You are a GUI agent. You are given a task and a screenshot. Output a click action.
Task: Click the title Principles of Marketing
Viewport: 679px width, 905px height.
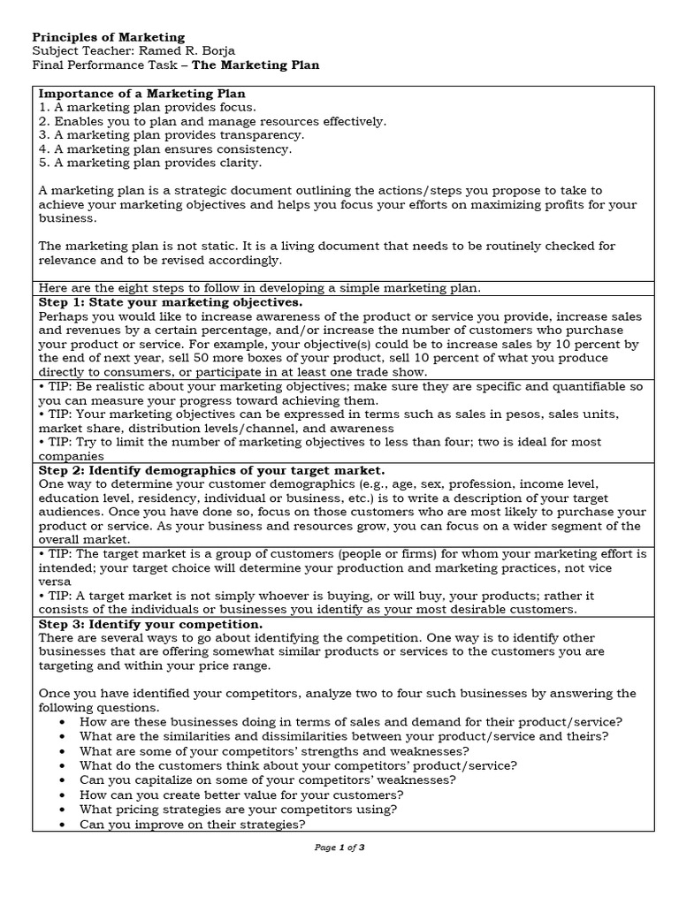[109, 37]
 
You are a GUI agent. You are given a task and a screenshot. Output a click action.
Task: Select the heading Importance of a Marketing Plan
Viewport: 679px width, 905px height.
[142, 94]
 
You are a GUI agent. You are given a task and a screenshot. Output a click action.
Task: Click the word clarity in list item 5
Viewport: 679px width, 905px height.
[238, 164]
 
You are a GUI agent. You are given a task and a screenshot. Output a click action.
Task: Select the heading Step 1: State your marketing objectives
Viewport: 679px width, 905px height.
[171, 302]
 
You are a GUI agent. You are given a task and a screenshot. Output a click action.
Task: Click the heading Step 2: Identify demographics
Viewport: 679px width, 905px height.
[212, 470]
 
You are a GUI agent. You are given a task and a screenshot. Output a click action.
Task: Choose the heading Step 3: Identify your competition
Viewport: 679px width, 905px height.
[150, 624]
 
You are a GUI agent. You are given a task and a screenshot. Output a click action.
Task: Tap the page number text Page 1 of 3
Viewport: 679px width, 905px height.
[339, 848]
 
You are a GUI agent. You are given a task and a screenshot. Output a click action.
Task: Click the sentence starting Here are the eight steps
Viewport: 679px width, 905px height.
[258, 288]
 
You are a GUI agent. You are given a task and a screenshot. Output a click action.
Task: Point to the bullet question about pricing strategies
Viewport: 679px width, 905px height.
[238, 809]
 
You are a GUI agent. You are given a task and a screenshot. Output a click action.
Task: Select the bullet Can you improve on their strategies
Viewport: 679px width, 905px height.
[192, 824]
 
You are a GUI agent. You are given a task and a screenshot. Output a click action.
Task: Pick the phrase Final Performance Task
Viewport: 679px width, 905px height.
[103, 65]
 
